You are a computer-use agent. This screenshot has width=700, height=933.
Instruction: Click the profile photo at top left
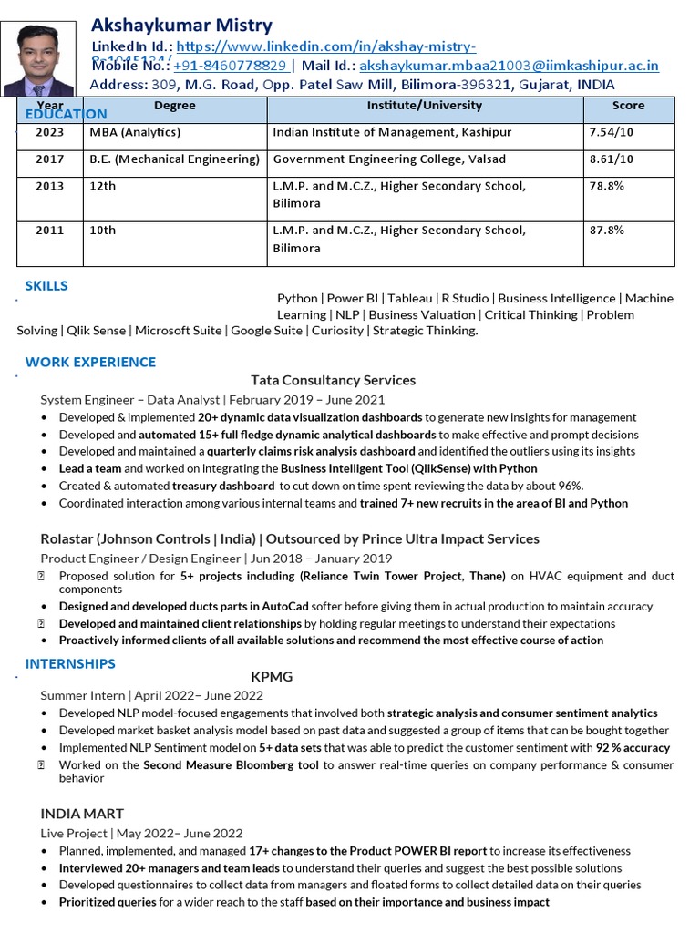pyautogui.click(x=38, y=59)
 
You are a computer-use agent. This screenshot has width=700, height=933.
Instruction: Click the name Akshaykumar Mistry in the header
pyautogui.click(x=181, y=26)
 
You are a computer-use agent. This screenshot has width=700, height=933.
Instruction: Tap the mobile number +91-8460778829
pyautogui.click(x=232, y=66)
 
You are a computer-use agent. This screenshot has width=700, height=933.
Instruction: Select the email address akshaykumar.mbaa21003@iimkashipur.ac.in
pyautogui.click(x=509, y=66)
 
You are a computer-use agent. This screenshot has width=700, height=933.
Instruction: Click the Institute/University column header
pyautogui.click(x=424, y=106)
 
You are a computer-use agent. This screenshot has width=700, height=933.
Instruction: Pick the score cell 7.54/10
pyautogui.click(x=612, y=133)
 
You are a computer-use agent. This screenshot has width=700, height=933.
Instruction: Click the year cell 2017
pyautogui.click(x=50, y=159)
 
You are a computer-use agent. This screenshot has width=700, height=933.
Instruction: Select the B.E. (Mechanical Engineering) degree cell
pyautogui.click(x=175, y=159)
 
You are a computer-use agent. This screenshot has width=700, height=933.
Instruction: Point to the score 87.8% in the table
pyautogui.click(x=607, y=231)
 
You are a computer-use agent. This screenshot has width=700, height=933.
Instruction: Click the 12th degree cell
pyautogui.click(x=103, y=186)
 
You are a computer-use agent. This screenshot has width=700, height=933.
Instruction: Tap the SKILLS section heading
pyautogui.click(x=46, y=286)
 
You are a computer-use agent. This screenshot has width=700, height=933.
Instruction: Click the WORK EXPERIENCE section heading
pyautogui.click(x=90, y=363)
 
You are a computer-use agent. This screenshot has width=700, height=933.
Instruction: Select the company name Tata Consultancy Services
pyautogui.click(x=333, y=380)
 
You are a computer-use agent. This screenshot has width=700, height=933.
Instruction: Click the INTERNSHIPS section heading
pyautogui.click(x=70, y=663)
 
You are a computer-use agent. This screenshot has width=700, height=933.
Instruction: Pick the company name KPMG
pyautogui.click(x=271, y=678)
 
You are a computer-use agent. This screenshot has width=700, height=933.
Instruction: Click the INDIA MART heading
pyautogui.click(x=82, y=814)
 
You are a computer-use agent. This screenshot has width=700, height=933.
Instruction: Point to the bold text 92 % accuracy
pyautogui.click(x=633, y=748)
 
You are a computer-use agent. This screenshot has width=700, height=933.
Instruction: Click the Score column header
pyautogui.click(x=628, y=106)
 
